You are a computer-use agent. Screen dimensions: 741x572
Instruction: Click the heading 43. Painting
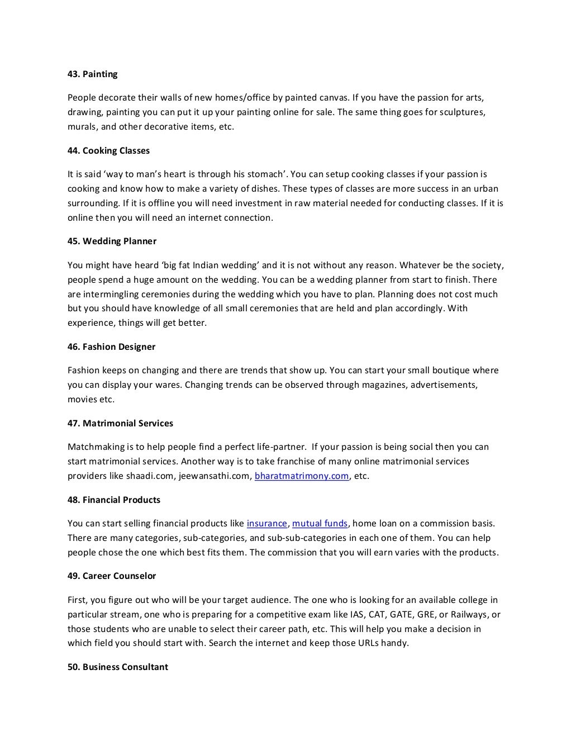93,74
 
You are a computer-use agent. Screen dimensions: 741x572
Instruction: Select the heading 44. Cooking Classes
108,151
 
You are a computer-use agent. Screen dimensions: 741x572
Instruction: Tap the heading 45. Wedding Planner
112,241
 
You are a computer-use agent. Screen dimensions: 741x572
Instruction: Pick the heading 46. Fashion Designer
111,347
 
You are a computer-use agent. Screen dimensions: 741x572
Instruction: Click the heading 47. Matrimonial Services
120,424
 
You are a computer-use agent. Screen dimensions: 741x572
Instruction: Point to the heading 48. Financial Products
114,500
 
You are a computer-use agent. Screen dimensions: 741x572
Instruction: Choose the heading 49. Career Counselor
112,576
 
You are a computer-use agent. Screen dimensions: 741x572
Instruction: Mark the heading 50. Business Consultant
117,667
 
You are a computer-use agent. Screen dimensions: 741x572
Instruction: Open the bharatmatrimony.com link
302,476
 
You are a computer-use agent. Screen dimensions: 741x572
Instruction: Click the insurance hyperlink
267,524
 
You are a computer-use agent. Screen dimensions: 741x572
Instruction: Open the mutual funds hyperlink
320,524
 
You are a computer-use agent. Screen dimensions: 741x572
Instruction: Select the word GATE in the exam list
397,615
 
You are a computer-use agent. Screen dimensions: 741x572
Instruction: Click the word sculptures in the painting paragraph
461,112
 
